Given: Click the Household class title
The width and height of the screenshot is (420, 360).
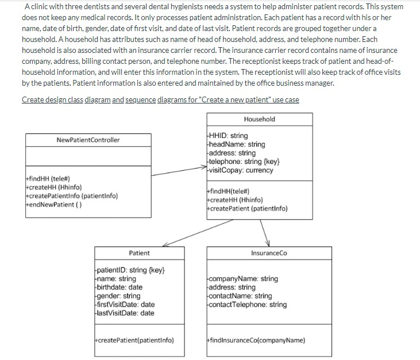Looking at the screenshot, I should (x=259, y=119).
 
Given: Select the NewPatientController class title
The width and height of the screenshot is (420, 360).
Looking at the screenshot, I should (x=88, y=140).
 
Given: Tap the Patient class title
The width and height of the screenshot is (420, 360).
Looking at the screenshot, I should (x=139, y=253).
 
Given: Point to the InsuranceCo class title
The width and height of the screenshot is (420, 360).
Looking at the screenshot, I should (x=268, y=253).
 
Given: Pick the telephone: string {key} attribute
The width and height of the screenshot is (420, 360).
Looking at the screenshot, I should (x=244, y=162).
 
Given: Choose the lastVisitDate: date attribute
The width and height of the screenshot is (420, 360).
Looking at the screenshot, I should (x=124, y=313).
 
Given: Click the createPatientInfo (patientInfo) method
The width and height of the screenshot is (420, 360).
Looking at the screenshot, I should (x=71, y=196).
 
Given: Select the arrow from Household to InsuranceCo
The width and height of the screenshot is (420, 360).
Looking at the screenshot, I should (x=265, y=232).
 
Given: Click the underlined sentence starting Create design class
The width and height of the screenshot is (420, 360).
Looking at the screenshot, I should (x=160, y=100).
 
